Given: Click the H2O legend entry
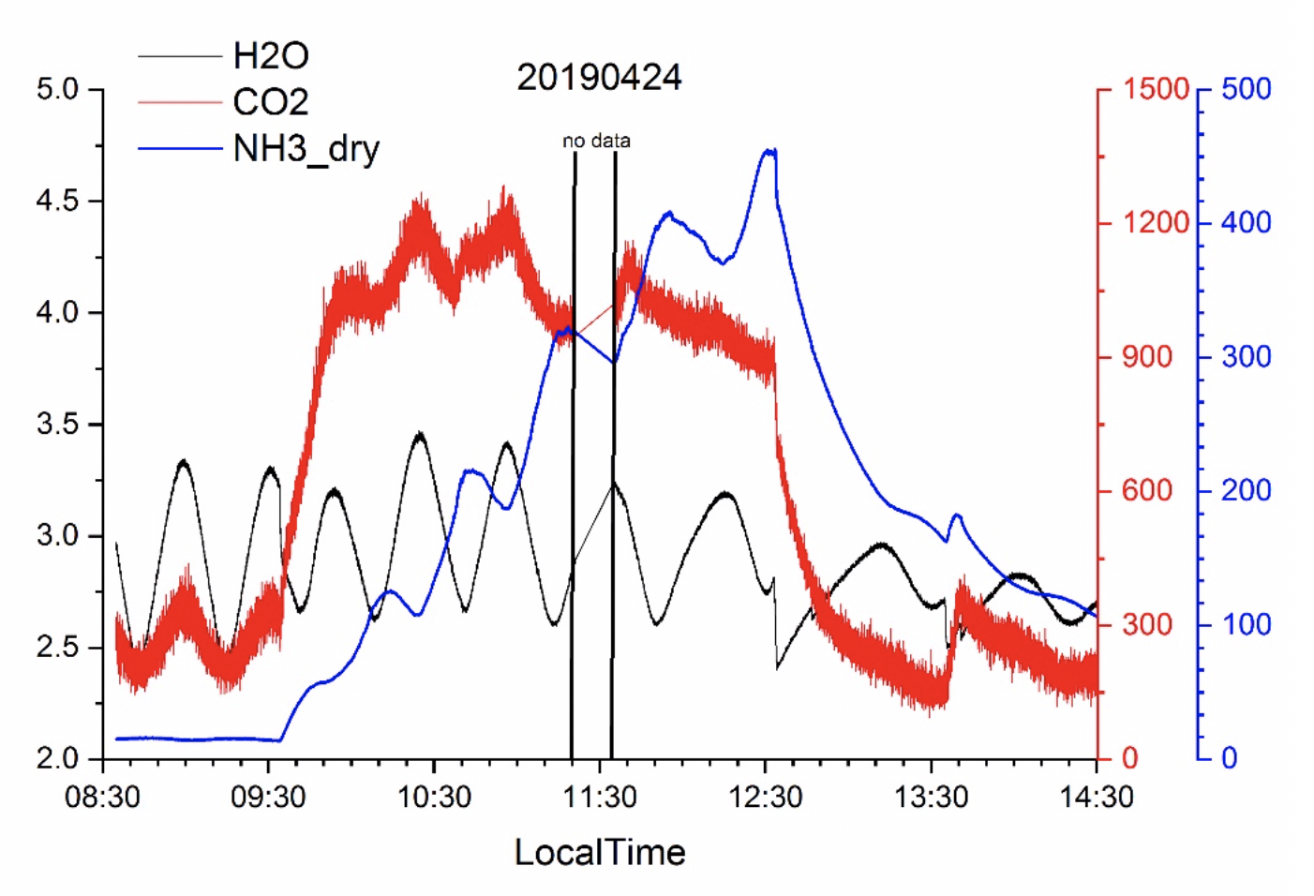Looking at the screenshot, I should coord(270,56).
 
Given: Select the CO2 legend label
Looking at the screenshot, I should coord(270,102).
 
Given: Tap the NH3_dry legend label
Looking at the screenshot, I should coord(306,148).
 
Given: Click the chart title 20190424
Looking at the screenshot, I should coord(599,77).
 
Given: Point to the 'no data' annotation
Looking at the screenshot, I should coord(596,141).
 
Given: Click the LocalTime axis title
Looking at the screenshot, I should coord(600,852).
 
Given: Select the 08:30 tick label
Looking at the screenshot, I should coord(103,798).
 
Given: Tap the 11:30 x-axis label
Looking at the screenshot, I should coord(600,798).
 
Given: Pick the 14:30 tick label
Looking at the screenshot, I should coord(1097,798).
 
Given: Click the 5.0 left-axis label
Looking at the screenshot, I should coord(57,90).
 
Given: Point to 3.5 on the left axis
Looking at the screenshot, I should coord(57,425).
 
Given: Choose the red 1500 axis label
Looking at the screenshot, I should coord(1156,90).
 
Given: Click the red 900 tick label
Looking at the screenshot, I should coord(1147,357).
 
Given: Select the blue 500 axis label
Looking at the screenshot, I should coord(1246,90).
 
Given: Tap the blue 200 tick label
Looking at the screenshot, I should coord(1246,490).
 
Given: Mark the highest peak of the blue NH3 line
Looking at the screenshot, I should coord(769,150).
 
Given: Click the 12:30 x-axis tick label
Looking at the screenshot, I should coord(766,798).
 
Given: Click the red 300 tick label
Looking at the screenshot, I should coord(1147,624).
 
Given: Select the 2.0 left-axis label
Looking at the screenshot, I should coord(57,759).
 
